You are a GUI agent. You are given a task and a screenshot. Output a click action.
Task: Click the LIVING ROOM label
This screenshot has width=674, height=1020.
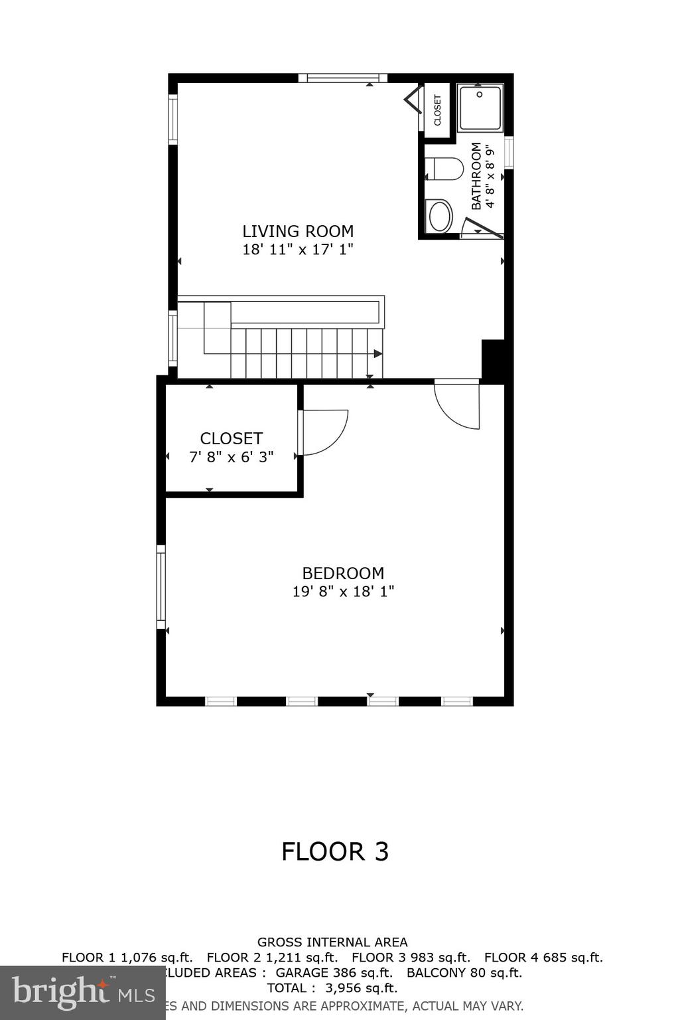point(297,231)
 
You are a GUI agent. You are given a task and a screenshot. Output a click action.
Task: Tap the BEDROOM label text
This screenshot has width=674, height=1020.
point(342,573)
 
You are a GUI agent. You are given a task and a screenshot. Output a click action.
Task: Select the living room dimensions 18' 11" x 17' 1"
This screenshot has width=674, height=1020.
point(297,250)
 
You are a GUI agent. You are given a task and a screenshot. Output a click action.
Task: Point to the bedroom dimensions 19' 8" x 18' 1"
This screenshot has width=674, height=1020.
point(342,591)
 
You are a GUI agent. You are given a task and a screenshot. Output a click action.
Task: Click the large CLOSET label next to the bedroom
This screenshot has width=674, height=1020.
point(231,438)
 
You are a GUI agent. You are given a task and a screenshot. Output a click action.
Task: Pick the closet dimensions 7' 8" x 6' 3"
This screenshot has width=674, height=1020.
point(231,457)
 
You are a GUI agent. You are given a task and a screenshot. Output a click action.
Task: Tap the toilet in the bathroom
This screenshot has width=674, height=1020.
point(444,169)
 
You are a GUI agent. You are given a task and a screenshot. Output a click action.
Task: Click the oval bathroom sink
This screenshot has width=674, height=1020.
point(440,216)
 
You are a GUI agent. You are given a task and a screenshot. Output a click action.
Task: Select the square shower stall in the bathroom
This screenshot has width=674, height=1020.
point(480,108)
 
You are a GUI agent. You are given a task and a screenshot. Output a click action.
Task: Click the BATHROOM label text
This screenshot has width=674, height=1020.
point(476,176)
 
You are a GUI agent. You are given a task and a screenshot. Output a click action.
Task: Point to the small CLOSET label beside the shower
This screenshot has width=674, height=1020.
point(437,110)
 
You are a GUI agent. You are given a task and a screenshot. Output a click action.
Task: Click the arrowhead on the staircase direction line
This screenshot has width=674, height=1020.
point(378,354)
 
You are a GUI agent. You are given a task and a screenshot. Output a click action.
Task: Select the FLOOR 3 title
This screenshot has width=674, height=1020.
point(335,851)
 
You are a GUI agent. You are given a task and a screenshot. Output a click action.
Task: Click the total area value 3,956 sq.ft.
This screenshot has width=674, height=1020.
point(361,988)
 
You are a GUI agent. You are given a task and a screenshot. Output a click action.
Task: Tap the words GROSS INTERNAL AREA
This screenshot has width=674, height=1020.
point(332,942)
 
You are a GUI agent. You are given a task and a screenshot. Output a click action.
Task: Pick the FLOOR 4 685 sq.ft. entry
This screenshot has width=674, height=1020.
point(543,958)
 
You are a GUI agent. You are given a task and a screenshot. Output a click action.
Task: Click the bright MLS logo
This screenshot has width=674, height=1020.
point(83,992)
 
